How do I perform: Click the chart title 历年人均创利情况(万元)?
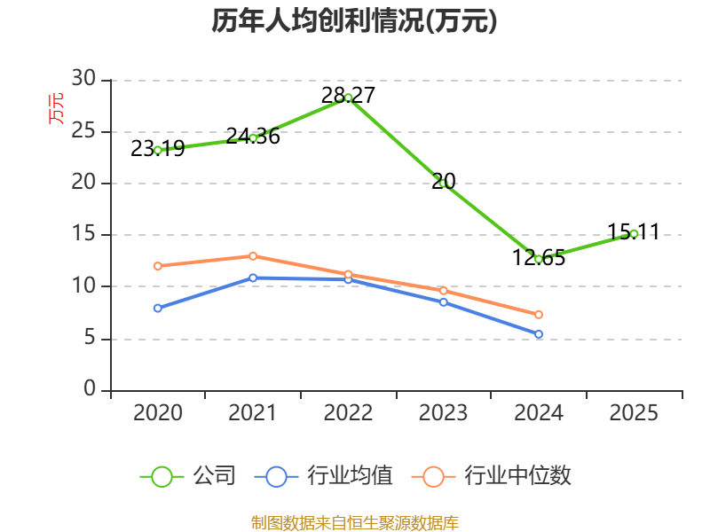[354, 20]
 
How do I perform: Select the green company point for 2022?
[348, 98]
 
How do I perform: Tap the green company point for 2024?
[539, 260]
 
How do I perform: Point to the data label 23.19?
[158, 148]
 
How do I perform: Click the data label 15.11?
[634, 231]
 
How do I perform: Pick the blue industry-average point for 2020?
[158, 308]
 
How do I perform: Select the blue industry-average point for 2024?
[539, 334]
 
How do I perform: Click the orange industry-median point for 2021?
[253, 256]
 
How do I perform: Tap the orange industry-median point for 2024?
[539, 315]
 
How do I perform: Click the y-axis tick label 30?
[83, 79]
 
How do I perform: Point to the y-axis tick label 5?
[91, 338]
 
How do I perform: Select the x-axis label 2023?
[443, 412]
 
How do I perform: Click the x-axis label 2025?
[634, 412]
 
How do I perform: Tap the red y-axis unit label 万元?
[56, 108]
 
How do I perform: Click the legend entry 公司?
[188, 476]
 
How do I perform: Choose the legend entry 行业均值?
[324, 476]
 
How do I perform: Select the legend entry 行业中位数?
[492, 476]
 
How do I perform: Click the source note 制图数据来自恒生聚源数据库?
[354, 522]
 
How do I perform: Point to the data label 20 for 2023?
[443, 182]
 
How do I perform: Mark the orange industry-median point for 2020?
[158, 266]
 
